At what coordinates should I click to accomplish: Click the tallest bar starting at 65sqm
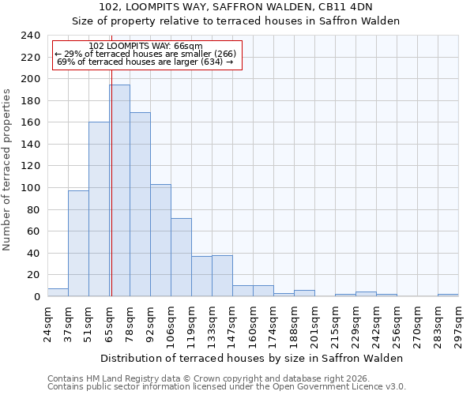pos(119,190)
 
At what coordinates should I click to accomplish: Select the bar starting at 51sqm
pos(99,209)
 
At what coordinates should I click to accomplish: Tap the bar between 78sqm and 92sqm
pos(140,205)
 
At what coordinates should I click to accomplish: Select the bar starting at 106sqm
pos(181,257)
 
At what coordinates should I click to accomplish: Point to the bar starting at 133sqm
pos(222,276)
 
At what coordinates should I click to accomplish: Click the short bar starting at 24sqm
pos(58,292)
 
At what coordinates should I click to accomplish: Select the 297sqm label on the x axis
pos(458,325)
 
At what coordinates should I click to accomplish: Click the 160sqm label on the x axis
pos(253,325)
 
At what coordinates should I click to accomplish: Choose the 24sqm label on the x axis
pos(47,325)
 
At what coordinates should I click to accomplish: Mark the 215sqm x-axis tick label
pos(335,325)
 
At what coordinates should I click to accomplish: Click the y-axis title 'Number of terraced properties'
pos(7,169)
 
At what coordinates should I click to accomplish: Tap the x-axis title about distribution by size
pos(252,358)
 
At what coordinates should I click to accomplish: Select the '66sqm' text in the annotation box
pos(190,47)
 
